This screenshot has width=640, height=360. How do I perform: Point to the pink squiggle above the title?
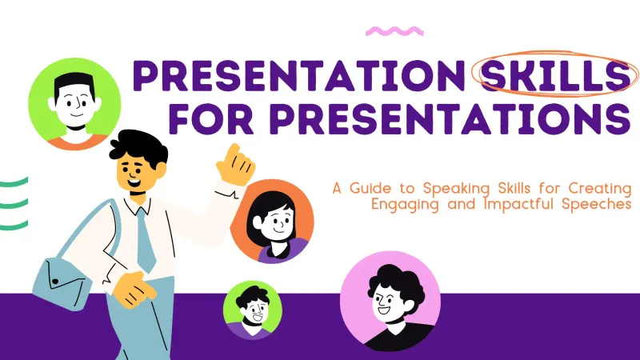point(394,31)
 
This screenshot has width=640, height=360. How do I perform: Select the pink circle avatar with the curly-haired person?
point(390,301)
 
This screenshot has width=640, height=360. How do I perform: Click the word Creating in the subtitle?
point(599,188)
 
